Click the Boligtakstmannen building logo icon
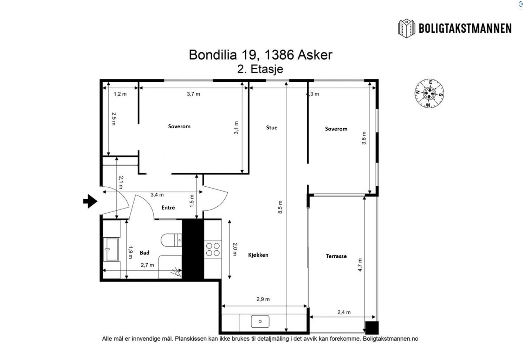pos(407,28)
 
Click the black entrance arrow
pos(90,201)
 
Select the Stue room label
pos(271,128)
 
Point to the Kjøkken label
pos(258,255)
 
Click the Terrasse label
pos(336,256)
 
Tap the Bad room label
pos(144,252)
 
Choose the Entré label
pos(168,208)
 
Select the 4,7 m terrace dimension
pos(360,265)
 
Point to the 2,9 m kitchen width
pos(263,299)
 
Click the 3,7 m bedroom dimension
pos(193,94)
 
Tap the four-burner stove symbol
pos(213,249)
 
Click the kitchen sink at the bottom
pos(260,321)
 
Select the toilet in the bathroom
pos(171,240)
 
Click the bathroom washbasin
pos(112,249)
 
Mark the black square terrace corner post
pos(371,328)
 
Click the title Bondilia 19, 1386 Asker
pos(260,55)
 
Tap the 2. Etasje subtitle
pos(260,69)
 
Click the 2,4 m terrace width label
pos(344,312)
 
